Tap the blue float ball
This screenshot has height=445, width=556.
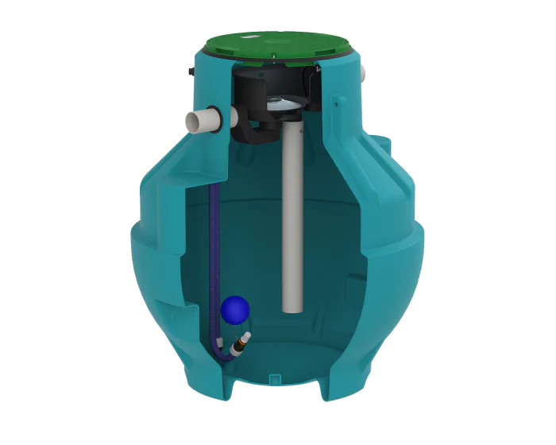point(235,308)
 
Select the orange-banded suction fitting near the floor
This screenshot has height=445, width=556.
point(237,345)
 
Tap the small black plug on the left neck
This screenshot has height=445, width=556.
point(190,72)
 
